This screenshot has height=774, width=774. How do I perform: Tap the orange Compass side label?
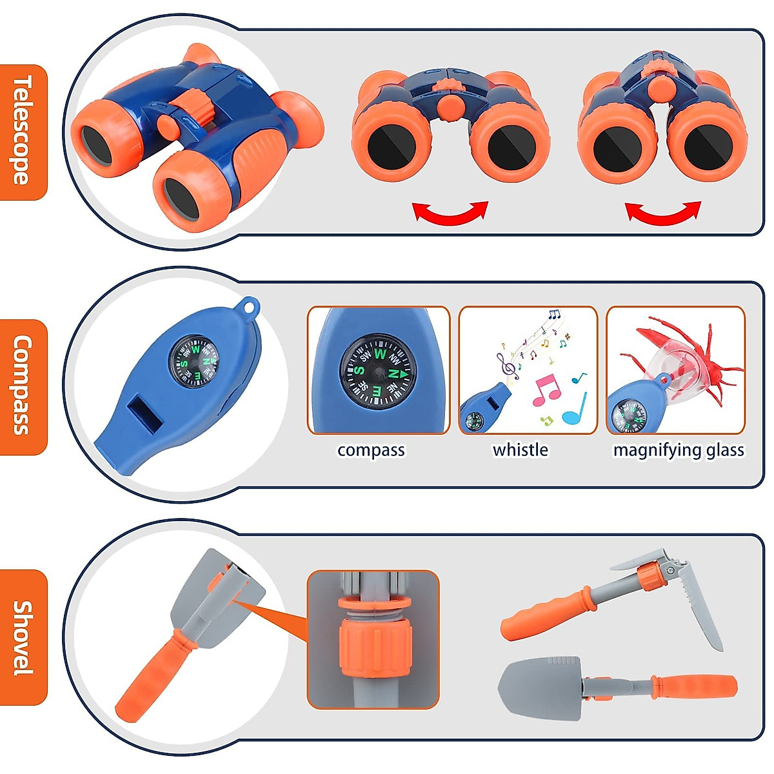(x=24, y=386)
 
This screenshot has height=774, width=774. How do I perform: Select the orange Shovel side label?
(x=24, y=637)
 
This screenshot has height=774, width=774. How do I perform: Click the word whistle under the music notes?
(x=520, y=450)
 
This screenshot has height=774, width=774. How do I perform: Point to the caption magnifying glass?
(x=679, y=450)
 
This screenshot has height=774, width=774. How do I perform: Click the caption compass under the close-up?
(x=371, y=450)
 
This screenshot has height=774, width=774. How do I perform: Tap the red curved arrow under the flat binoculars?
(x=450, y=213)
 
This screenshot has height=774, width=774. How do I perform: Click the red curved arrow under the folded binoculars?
(x=663, y=213)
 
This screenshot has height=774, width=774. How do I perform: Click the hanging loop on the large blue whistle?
(x=248, y=306)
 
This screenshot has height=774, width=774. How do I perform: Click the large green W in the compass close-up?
(x=379, y=354)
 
